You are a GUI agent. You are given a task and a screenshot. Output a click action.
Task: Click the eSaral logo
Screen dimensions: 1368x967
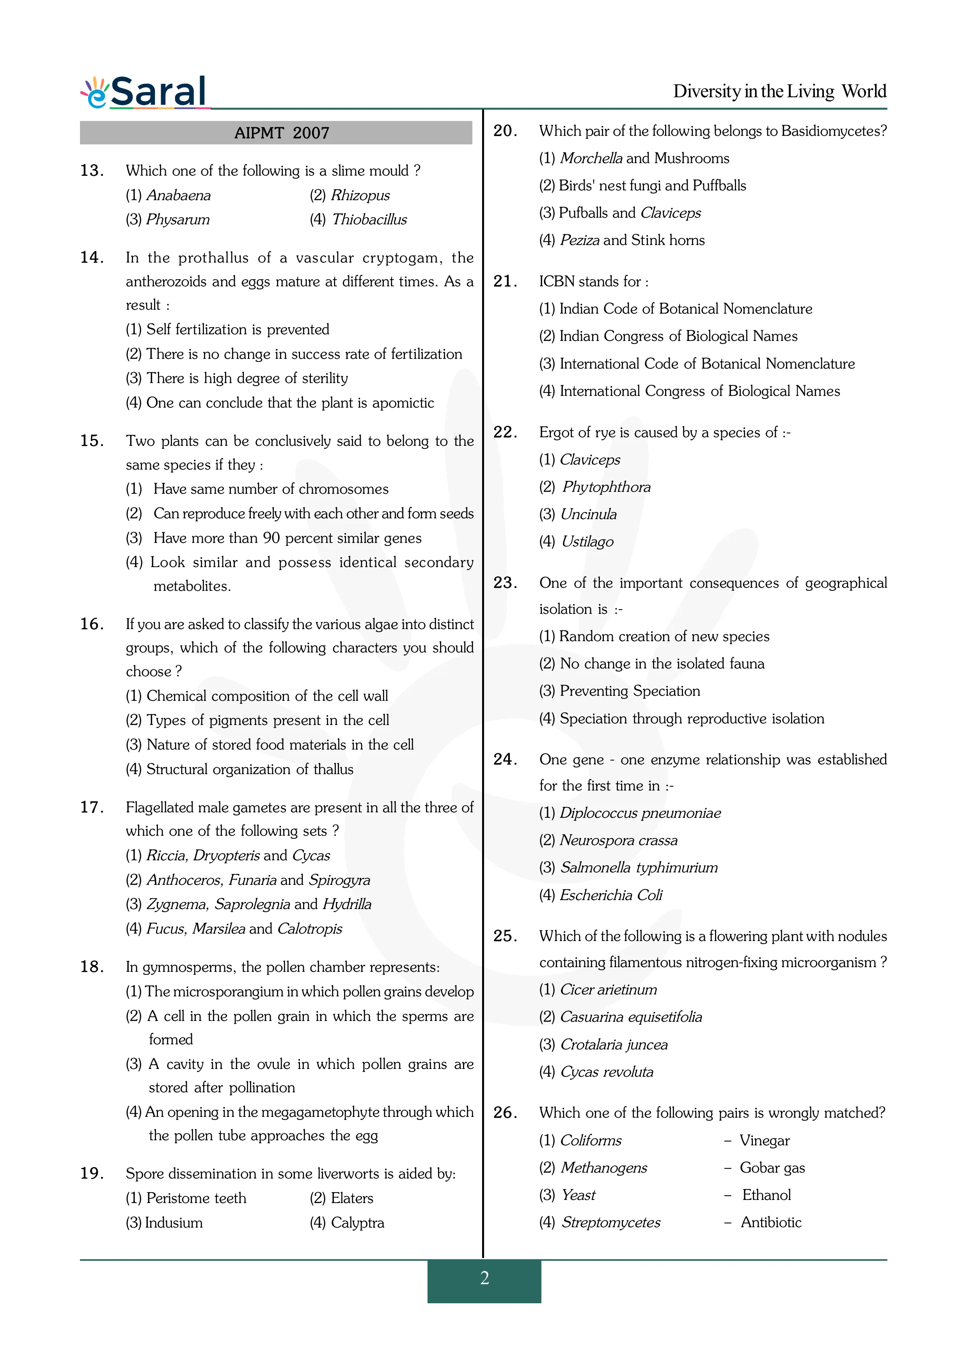[x=145, y=92]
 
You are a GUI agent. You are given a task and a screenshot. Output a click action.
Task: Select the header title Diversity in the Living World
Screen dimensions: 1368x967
[x=779, y=91]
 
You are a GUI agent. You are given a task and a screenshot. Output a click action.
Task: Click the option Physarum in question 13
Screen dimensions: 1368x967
[x=177, y=220]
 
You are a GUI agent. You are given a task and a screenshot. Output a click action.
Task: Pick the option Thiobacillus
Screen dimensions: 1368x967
[x=369, y=220]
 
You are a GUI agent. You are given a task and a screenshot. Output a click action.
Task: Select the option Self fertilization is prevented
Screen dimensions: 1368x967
[x=237, y=330]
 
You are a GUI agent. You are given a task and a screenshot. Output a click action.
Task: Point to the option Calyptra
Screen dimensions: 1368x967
[x=357, y=1223]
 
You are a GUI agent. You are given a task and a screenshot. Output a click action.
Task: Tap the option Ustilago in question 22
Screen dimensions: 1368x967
[x=587, y=542]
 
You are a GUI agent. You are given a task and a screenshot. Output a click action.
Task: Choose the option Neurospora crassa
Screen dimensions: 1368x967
[x=618, y=841]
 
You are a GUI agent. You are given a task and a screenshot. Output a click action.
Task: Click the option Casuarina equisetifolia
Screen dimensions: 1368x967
[x=630, y=1017]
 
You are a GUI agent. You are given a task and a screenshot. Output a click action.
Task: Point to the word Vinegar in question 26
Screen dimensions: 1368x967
[x=765, y=1140]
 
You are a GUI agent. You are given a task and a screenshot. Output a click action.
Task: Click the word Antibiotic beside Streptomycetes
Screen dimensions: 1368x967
[x=771, y=1223]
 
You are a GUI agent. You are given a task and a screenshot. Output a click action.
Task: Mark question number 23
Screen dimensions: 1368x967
[x=505, y=583]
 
